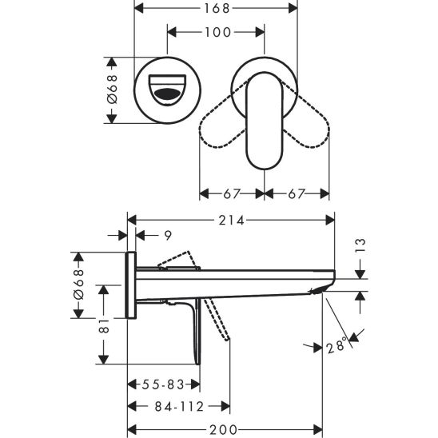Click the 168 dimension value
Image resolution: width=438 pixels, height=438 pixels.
pos(214,9)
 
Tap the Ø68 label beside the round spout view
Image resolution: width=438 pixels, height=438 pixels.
pos(113,88)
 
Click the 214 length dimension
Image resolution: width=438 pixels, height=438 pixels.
pos(233,219)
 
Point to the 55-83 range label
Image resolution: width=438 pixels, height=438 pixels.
pos(161,384)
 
